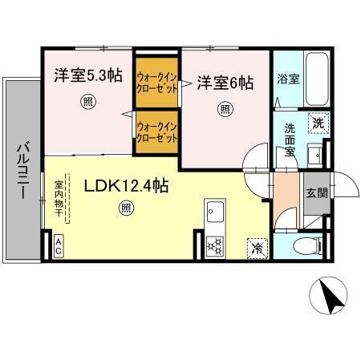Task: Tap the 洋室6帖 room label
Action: pos(225,83)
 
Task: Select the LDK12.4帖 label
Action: pos(126,186)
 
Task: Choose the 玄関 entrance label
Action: pos(316,192)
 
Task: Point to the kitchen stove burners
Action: pos(216,245)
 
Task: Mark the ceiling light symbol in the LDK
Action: pos(126,208)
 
